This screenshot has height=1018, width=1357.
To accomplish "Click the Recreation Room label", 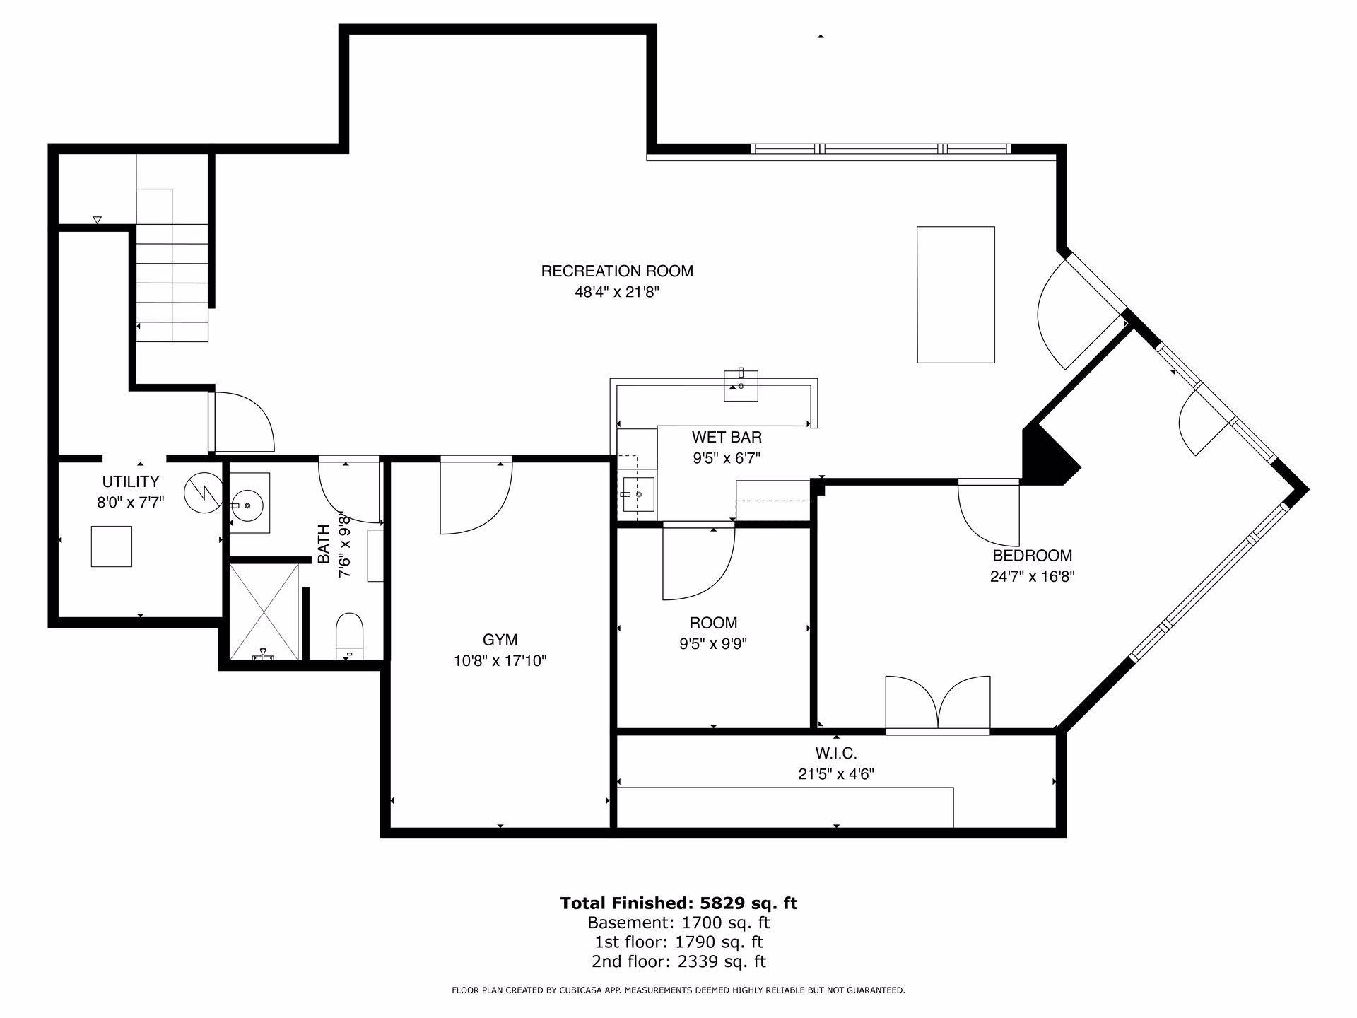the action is point(617,271).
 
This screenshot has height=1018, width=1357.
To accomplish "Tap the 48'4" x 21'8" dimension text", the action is point(617,292).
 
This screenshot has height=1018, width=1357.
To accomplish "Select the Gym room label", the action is point(500,640).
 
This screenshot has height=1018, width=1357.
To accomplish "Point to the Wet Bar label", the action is point(727,438).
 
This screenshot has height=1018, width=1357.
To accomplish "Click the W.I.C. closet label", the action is point(836,754).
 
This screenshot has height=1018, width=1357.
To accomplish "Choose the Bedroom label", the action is point(1032,556).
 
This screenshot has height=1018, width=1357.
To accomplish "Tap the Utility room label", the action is point(131,482).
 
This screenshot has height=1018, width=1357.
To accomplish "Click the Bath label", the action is point(324,544).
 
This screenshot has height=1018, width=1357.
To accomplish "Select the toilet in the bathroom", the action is point(348,636).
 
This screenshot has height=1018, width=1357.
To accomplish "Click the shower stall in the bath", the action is point(264,612).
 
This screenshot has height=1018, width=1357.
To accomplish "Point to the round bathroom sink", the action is point(249,503).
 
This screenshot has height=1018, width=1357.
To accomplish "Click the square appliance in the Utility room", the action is point(112,546).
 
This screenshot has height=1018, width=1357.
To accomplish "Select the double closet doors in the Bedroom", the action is point(938,703).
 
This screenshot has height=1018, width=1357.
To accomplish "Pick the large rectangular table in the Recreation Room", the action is point(956,295).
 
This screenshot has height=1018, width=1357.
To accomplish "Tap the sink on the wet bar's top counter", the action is point(741,385).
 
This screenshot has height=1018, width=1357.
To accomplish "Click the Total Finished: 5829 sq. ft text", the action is point(678,903).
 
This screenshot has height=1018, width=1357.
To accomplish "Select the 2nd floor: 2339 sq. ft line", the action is point(678,961).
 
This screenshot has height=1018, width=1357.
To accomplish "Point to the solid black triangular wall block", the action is point(1049,456).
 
